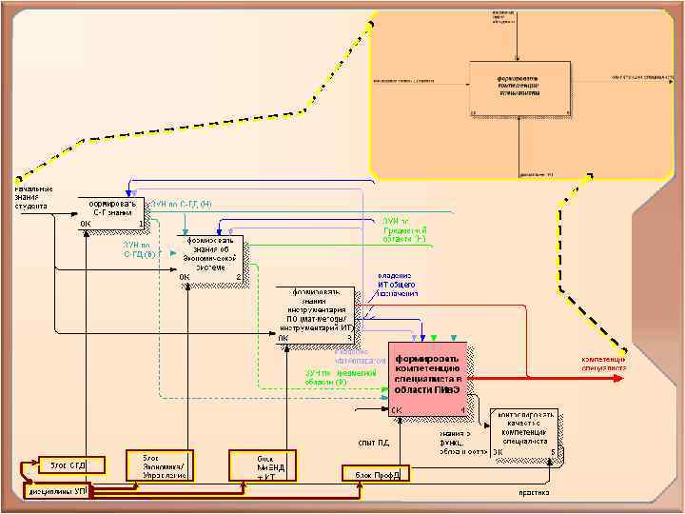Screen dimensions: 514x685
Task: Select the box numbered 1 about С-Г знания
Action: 112,213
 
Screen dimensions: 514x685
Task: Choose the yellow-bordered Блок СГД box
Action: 64,465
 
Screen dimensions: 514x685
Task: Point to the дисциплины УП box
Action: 58,490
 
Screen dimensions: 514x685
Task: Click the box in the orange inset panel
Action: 519,89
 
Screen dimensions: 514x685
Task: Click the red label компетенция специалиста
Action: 603,363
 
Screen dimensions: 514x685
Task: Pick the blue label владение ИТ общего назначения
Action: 397,284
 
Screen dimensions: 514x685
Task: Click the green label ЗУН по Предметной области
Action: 404,232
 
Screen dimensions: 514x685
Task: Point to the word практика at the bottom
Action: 533,493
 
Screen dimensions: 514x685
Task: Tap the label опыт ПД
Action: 373,441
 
